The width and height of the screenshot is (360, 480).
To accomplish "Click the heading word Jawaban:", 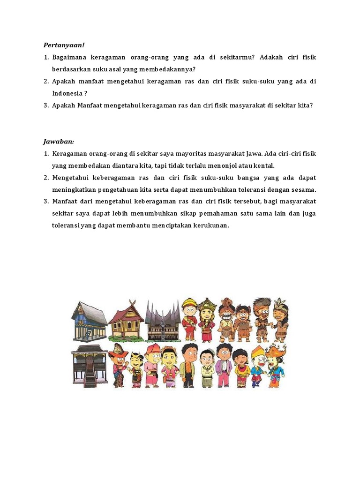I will pos(59,141).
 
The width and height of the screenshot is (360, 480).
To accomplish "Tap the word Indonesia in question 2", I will pos(67,93).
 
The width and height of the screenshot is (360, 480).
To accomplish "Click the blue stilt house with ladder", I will pos(89,321).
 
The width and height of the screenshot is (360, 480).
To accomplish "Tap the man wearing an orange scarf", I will pos(189,366).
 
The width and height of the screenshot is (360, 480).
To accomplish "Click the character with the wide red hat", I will pos(118,363).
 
